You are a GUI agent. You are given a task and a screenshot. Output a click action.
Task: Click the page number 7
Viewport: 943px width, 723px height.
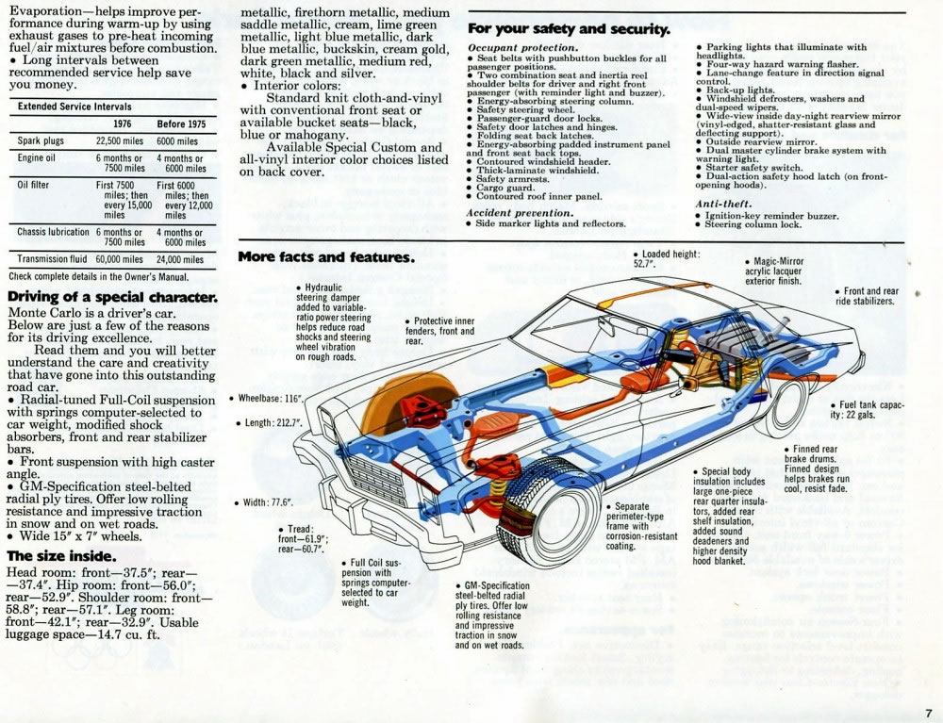click(928, 712)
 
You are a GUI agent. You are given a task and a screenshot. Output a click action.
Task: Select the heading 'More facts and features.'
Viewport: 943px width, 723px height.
click(325, 257)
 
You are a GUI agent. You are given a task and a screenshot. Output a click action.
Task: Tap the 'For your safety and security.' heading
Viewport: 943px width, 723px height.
click(569, 29)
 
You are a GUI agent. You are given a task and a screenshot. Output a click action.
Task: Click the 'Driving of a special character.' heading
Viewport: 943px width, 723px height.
click(112, 298)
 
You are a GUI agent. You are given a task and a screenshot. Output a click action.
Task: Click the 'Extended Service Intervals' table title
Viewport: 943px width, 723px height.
click(74, 107)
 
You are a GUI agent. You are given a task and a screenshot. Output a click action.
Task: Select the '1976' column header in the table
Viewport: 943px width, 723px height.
click(122, 123)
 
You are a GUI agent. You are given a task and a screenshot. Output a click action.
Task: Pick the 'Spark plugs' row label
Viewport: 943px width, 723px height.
click(41, 140)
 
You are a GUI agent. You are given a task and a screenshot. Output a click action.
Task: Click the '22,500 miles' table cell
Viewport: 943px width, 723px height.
click(119, 140)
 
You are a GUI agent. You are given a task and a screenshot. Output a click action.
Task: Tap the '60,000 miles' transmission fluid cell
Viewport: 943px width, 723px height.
click(119, 258)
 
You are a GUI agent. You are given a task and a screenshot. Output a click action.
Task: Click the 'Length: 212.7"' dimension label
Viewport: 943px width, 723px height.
click(270, 423)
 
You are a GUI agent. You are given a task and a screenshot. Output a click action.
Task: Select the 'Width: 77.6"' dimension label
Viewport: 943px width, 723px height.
click(268, 502)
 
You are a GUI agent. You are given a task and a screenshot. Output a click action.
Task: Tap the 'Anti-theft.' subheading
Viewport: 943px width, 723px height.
click(723, 204)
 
